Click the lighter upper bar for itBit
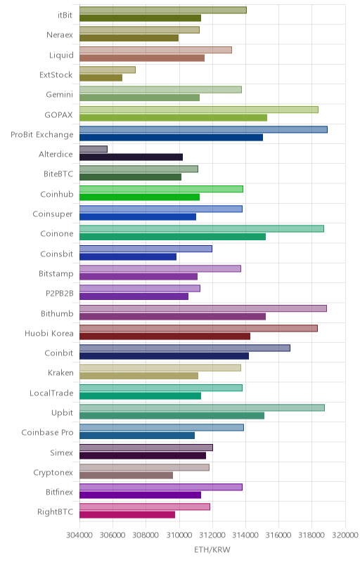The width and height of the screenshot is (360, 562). [x=163, y=10]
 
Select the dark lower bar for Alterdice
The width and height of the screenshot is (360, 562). [x=131, y=157]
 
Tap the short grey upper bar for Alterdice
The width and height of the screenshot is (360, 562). [x=94, y=149]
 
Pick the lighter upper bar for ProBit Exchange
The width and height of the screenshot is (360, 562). [x=203, y=129]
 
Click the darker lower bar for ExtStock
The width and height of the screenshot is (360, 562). [x=101, y=78]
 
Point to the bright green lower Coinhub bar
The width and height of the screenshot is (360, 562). [x=139, y=197]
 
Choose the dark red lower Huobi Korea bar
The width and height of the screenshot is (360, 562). [x=165, y=336]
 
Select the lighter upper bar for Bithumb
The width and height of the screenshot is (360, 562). [x=203, y=308]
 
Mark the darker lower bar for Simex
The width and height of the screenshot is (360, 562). [x=143, y=455]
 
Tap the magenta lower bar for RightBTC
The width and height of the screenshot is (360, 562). [x=127, y=515]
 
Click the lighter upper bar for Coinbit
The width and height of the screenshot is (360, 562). [x=185, y=348]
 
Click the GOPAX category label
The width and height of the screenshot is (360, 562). [x=58, y=115]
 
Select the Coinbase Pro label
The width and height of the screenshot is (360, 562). [x=47, y=432]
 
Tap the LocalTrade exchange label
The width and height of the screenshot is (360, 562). [x=51, y=393]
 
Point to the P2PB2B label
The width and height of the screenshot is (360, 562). [x=60, y=293]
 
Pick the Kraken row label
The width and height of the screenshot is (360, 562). [x=60, y=373]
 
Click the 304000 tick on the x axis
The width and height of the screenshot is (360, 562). [x=79, y=535]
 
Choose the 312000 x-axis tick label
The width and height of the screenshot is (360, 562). [x=212, y=535]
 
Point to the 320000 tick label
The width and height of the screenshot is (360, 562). [x=345, y=535]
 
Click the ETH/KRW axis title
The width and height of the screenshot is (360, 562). [x=212, y=550]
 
